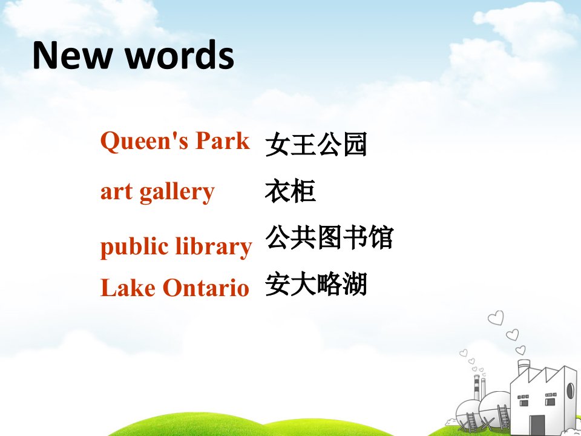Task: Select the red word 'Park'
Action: [223, 140]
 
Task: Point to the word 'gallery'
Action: [177, 192]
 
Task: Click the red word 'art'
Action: [116, 193]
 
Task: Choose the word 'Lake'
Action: [128, 287]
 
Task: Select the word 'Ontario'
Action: [206, 287]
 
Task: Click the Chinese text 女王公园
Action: [316, 144]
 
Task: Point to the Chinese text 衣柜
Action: [290, 191]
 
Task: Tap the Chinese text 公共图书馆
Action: [329, 237]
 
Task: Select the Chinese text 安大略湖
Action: [316, 283]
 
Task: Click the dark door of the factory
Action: [537, 425]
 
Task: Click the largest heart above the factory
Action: [496, 318]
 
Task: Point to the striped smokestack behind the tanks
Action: [477, 387]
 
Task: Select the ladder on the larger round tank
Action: [504, 417]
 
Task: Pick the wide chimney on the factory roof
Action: [524, 368]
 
